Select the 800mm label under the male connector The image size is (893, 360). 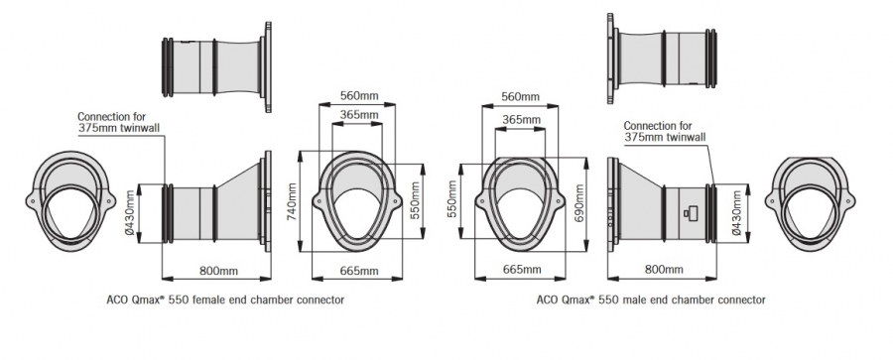(664, 270)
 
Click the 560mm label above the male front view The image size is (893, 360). (520, 97)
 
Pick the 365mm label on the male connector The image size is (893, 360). (521, 119)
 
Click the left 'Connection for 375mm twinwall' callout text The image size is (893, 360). (118, 122)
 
